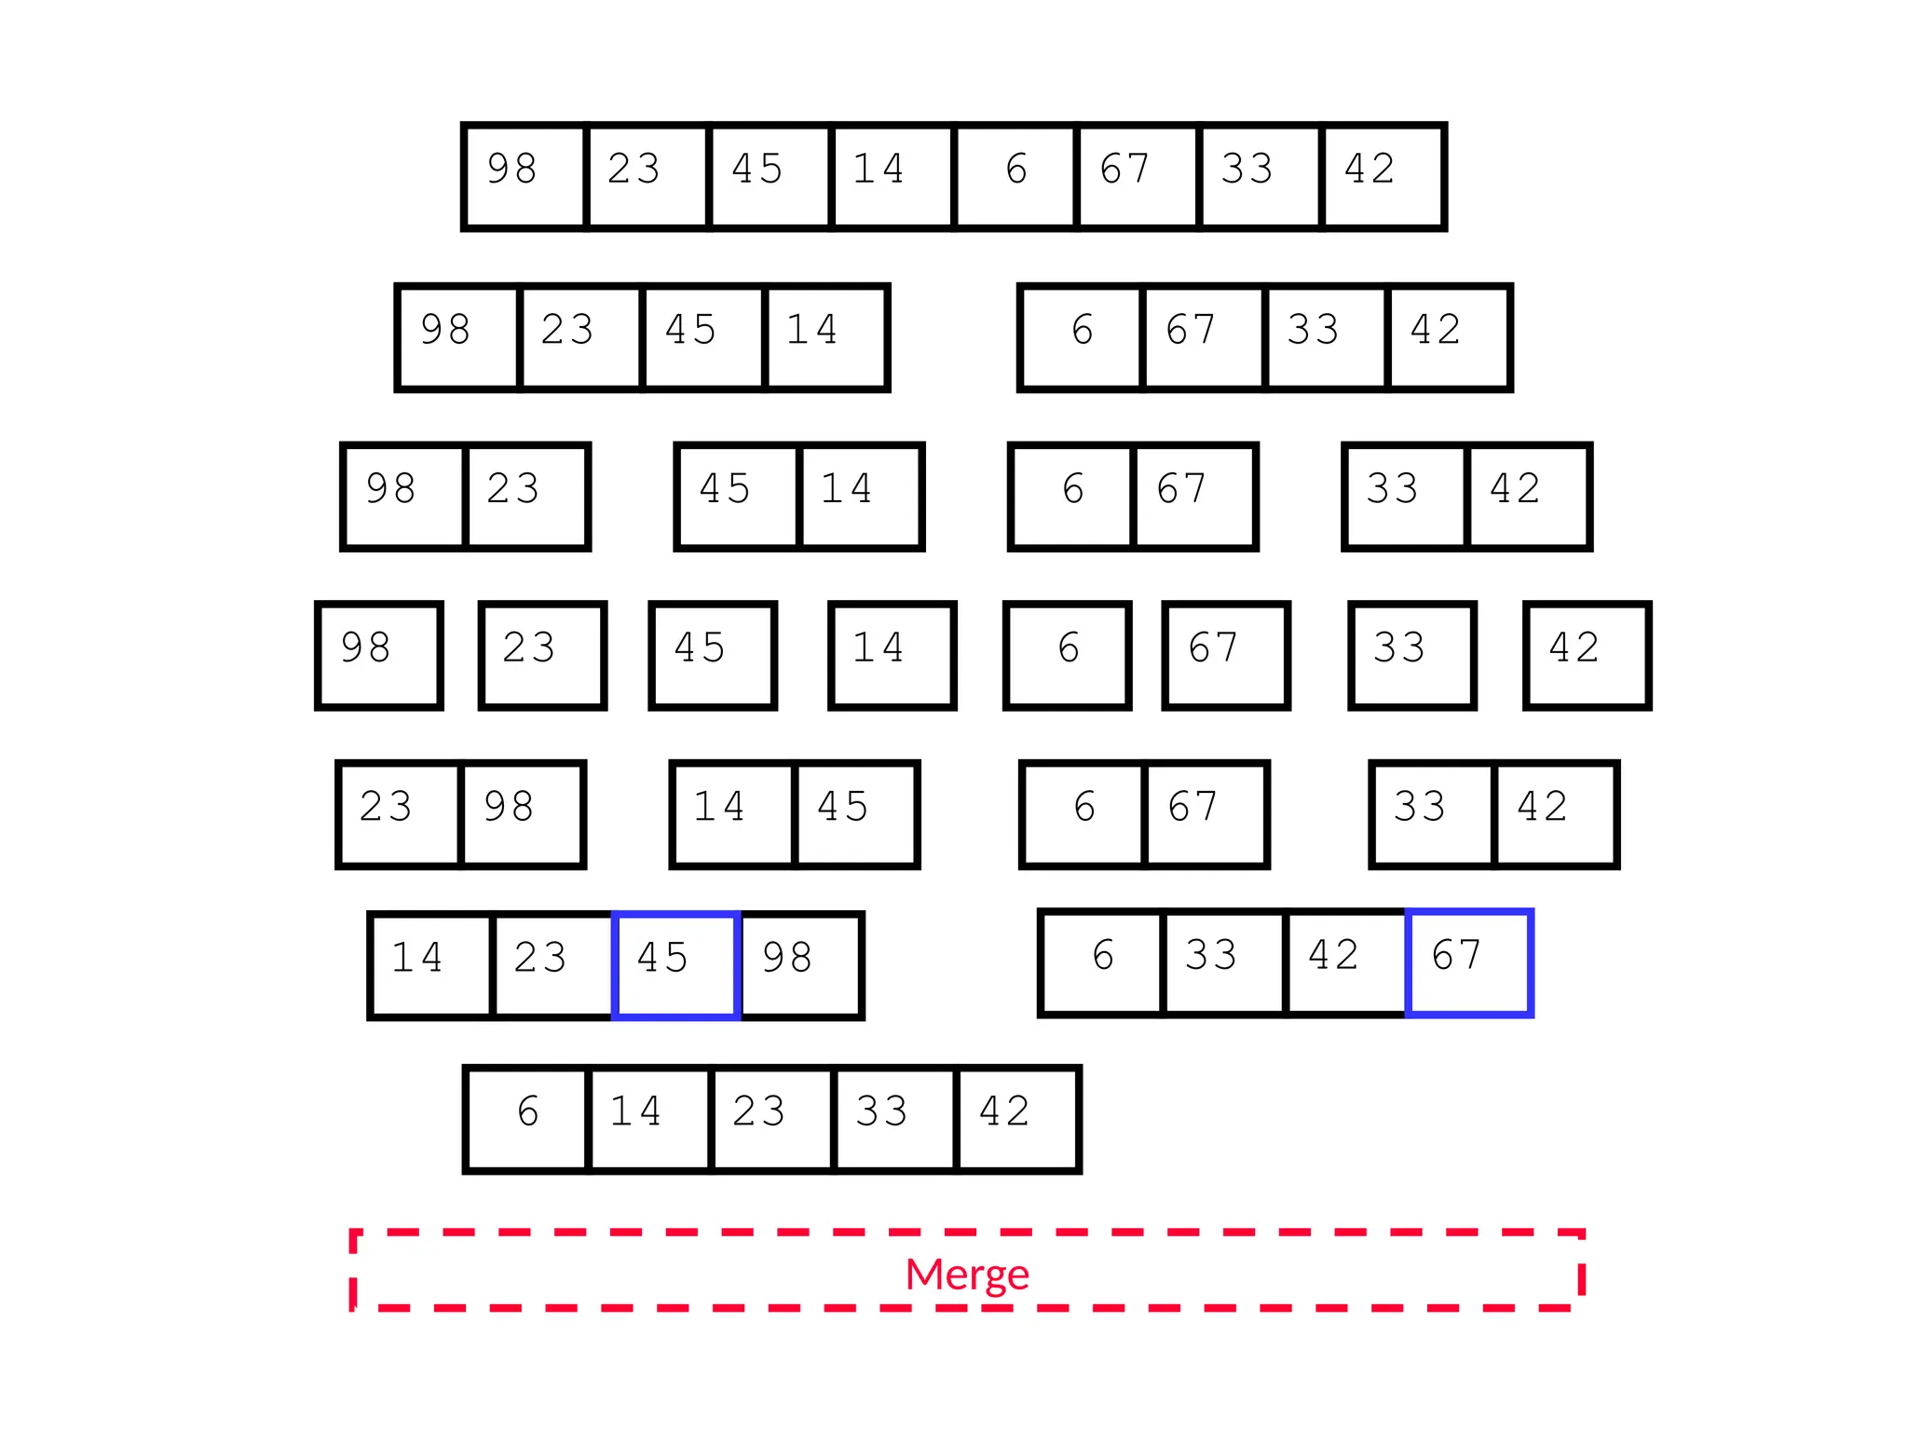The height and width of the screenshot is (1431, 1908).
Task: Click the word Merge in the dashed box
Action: point(966,1274)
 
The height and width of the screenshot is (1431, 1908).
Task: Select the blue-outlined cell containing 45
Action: point(675,965)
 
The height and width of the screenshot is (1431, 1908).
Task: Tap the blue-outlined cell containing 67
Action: point(1468,963)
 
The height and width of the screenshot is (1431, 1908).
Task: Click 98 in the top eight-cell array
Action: point(525,176)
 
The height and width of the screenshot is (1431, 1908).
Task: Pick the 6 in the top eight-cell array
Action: point(1015,176)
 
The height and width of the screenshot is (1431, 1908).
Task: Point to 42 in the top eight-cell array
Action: point(1383,176)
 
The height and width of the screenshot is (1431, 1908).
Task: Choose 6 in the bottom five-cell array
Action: point(527,1118)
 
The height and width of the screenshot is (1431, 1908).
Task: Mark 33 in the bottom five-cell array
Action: point(894,1118)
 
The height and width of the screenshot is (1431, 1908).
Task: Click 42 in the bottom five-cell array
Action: point(1017,1118)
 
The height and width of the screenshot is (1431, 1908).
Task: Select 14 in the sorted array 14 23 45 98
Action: point(430,965)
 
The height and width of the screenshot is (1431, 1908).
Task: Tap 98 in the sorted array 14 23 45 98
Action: point(800,965)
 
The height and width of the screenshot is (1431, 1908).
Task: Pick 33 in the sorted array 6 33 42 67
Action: point(1223,963)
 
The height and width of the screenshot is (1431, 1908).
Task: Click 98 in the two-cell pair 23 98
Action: point(522,814)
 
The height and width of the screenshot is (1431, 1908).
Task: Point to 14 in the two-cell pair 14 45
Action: point(732,814)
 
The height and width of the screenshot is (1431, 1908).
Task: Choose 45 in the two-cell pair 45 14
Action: point(738,497)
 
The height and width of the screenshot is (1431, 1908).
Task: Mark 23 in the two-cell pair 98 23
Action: point(526,497)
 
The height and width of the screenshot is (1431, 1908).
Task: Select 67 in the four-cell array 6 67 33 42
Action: point(1203,337)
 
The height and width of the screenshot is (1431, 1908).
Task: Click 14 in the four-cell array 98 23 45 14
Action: point(825,337)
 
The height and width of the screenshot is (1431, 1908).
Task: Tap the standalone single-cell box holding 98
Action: point(378,656)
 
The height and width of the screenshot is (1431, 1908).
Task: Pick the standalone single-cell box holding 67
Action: point(1225,656)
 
